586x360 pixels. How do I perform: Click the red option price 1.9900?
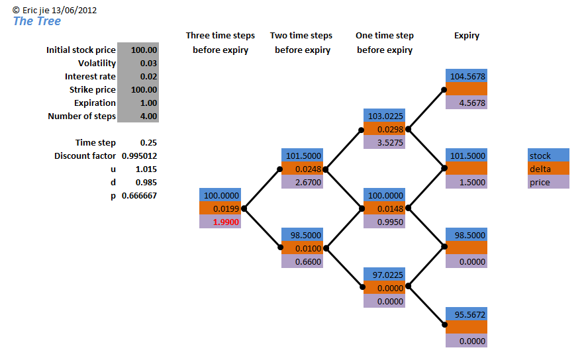click(x=226, y=222)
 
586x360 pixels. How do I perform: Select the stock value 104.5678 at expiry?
click(x=467, y=77)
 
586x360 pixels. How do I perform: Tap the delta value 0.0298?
click(x=390, y=130)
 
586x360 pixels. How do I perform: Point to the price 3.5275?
click(x=390, y=143)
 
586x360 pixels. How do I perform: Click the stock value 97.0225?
click(x=387, y=275)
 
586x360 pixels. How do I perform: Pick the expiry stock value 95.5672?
click(x=469, y=315)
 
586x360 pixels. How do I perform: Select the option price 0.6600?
click(x=308, y=262)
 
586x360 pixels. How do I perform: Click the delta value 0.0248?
click(x=308, y=169)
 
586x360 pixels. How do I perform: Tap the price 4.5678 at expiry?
click(x=472, y=103)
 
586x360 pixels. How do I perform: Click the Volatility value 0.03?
click(x=148, y=64)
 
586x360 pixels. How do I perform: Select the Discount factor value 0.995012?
click(x=140, y=156)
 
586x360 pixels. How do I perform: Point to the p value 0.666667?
click(x=140, y=196)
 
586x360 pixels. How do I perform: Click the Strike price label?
click(x=92, y=90)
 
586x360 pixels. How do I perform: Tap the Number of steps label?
click(x=82, y=116)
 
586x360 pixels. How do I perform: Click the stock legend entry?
click(x=540, y=156)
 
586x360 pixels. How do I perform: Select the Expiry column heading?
click(x=466, y=36)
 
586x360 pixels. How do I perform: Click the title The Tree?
click(x=37, y=21)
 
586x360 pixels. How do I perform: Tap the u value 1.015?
click(x=146, y=169)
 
